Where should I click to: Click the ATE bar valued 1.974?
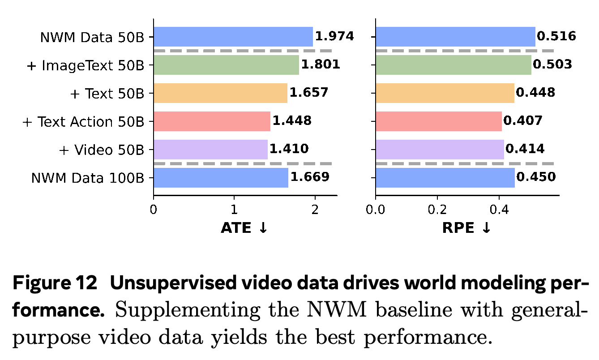point(233,37)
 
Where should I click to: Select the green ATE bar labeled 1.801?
point(226,65)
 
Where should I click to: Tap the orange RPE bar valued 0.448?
point(445,93)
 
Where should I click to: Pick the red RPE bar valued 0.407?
point(439,121)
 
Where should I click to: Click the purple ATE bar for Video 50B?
point(211,150)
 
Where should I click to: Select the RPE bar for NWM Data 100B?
point(445,178)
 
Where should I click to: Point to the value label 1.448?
point(292,120)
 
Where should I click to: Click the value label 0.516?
point(556,36)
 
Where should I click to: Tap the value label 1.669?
point(310,177)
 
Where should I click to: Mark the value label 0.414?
point(525,149)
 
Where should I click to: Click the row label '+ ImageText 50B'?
point(86,65)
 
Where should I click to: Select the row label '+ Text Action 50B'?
point(83,122)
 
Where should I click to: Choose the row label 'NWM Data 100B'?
point(88,178)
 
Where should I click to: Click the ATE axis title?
point(244,228)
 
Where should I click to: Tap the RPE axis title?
point(466,228)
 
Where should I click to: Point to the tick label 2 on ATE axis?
point(315,210)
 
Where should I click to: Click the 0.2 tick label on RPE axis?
point(437,210)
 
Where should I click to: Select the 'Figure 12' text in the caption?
point(55,283)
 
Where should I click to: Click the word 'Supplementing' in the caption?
point(188,310)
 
